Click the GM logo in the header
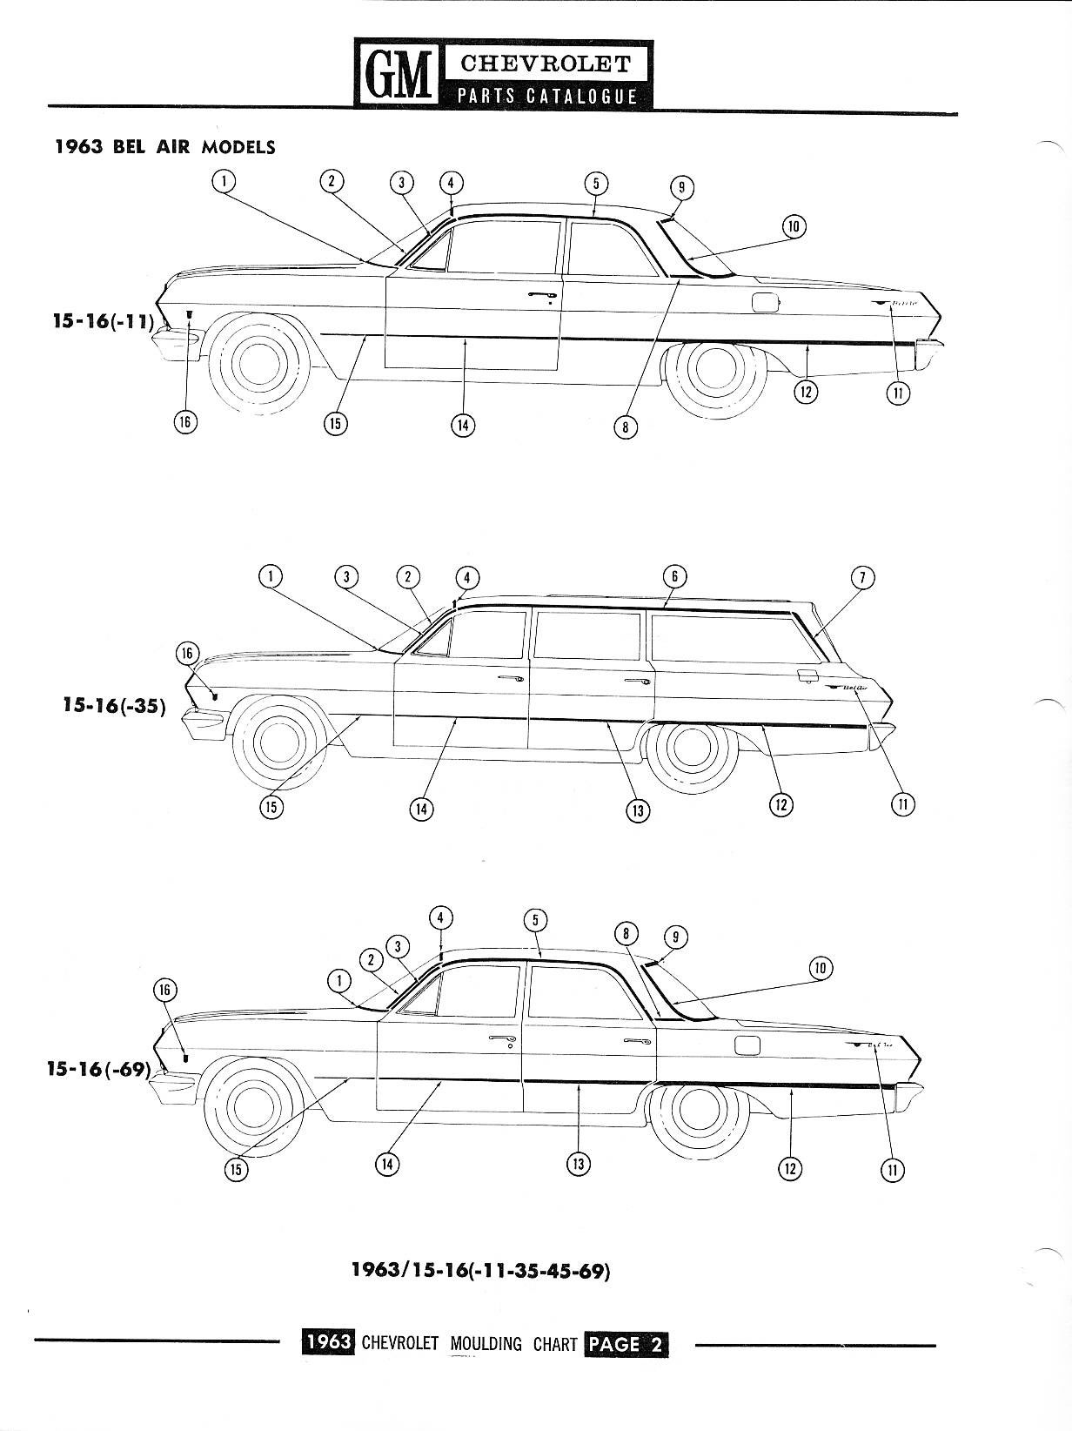click(x=398, y=75)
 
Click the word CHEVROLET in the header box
click(x=546, y=64)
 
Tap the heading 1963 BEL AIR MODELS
click(x=164, y=147)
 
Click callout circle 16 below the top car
click(x=184, y=422)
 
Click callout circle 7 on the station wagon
click(x=862, y=577)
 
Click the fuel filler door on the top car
click(x=766, y=302)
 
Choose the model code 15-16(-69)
click(x=98, y=1068)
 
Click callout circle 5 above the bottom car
click(x=536, y=921)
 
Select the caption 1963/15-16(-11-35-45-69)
click(x=480, y=1270)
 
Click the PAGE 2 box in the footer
click(x=626, y=1343)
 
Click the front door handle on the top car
click(x=543, y=298)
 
